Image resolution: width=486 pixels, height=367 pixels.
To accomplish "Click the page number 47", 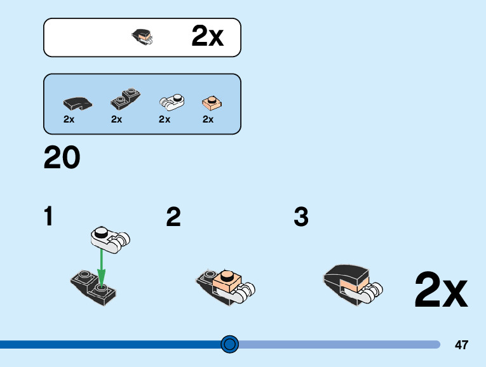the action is (x=461, y=345).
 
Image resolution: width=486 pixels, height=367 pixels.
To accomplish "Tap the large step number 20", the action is (x=62, y=158).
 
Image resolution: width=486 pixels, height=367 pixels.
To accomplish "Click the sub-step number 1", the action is (x=48, y=217).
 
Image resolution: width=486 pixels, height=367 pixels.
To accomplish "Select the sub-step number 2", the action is (x=173, y=217).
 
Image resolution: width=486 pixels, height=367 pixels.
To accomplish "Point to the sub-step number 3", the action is (x=301, y=217).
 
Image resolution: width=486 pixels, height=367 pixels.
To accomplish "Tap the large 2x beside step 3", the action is (x=441, y=291).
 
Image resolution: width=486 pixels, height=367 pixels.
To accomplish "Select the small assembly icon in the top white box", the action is (x=143, y=37).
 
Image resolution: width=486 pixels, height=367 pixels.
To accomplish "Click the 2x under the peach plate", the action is (x=208, y=119).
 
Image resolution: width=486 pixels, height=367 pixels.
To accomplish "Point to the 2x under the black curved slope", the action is (x=69, y=119).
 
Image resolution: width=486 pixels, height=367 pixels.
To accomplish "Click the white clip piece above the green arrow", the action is (x=111, y=237).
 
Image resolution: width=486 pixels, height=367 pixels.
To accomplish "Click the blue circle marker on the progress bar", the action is (x=229, y=344).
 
